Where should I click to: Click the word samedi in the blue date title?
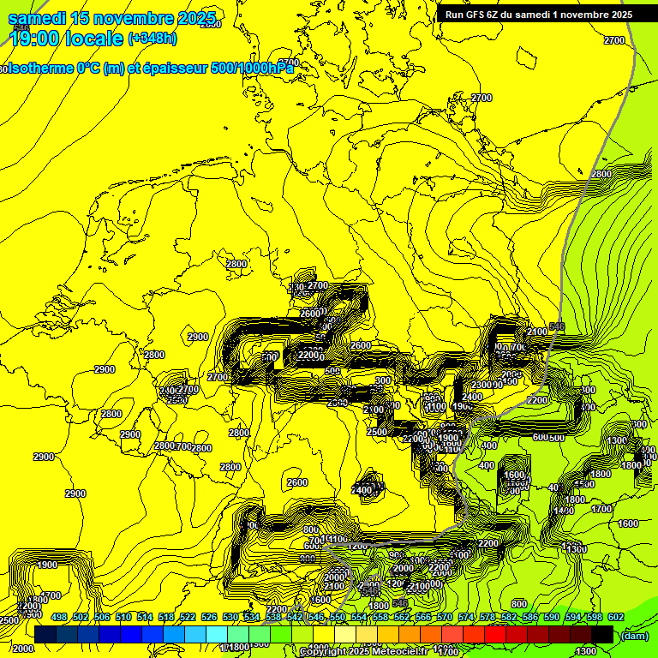[37, 18]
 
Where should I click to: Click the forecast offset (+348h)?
[153, 39]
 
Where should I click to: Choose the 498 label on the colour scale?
[58, 617]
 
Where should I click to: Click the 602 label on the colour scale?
[615, 617]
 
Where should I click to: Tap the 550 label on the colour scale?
[337, 617]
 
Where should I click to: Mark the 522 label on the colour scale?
[187, 617]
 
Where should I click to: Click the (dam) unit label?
[636, 636]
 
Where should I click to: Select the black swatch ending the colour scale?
[602, 634]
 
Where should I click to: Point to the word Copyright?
[326, 652]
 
